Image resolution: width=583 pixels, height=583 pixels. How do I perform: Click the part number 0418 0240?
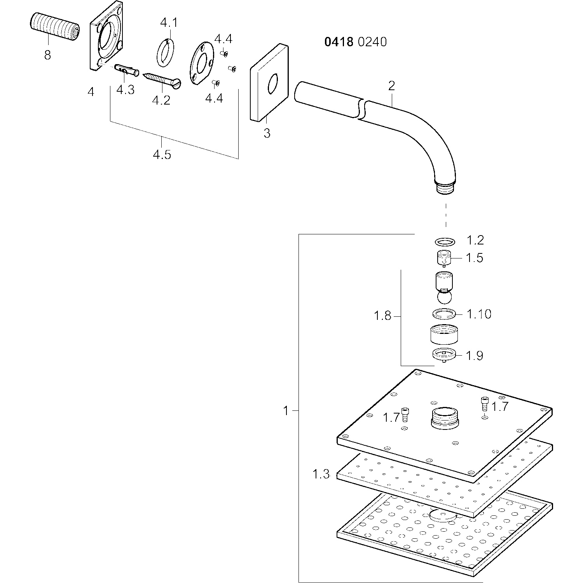click(x=356, y=42)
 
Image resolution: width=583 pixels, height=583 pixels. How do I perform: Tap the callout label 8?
click(x=47, y=55)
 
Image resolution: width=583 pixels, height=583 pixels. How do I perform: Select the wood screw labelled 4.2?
click(x=162, y=80)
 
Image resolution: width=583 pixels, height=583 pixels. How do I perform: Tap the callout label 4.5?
click(x=162, y=155)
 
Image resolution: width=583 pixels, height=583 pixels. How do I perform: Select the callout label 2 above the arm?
click(x=391, y=86)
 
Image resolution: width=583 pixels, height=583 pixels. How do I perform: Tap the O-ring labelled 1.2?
click(x=445, y=242)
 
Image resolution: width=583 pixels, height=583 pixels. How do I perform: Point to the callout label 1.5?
click(x=475, y=258)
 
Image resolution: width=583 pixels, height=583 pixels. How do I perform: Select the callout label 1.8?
click(x=382, y=316)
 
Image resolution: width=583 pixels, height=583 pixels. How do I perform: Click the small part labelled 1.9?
click(x=444, y=354)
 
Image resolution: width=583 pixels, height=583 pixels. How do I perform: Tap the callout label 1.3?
click(x=321, y=474)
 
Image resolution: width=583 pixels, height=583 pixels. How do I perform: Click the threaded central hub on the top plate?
click(x=445, y=418)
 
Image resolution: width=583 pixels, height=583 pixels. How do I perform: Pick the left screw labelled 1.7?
click(x=405, y=414)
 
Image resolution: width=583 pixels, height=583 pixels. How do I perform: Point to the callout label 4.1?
click(x=168, y=23)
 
